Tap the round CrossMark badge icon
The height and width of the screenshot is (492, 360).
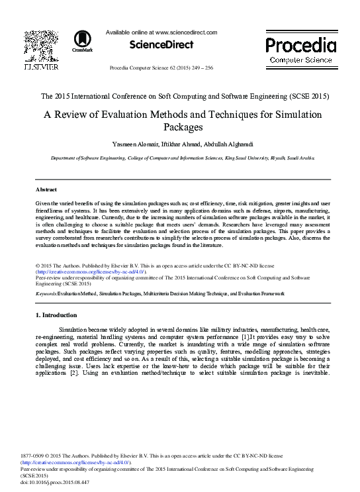[83, 38]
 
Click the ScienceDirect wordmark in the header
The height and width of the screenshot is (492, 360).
[161, 45]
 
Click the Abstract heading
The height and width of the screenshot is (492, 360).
[46, 189]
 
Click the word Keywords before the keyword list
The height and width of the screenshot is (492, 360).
[45, 293]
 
